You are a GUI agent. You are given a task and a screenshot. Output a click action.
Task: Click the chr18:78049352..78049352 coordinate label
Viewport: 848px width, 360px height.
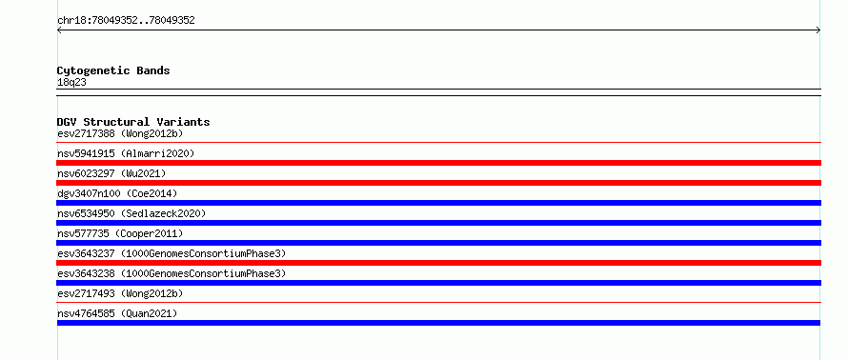126,21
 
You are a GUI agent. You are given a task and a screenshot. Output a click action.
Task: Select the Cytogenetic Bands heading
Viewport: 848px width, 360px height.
113,70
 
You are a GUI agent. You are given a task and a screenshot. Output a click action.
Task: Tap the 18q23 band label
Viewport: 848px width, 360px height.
71,83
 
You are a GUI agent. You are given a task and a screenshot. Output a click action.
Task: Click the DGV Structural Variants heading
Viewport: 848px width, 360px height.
133,122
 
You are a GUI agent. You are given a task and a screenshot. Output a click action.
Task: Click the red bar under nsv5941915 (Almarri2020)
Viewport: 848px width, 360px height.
438,163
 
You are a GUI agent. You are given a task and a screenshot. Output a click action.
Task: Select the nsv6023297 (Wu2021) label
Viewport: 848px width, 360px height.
111,173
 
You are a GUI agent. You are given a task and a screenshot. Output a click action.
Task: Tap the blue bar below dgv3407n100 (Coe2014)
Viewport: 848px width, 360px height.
438,203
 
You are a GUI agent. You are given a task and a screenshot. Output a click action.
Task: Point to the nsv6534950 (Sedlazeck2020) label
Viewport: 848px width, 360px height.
131,213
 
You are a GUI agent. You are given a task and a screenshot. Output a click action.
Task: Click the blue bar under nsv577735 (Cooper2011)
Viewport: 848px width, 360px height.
438,243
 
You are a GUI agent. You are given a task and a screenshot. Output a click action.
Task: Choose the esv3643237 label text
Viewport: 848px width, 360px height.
86,253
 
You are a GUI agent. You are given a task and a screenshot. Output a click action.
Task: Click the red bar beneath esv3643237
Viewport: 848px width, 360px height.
438,263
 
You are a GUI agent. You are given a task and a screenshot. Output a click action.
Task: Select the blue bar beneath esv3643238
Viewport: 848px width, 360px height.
438,283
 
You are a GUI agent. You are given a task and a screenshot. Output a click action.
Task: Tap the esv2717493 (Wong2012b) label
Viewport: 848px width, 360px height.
120,293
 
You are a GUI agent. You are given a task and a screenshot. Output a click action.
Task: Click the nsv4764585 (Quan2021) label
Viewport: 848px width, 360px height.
117,313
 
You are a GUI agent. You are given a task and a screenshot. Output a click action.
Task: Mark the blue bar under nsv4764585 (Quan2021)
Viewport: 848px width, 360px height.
438,323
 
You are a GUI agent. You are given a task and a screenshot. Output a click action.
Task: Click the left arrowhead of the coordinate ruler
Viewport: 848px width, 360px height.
59,30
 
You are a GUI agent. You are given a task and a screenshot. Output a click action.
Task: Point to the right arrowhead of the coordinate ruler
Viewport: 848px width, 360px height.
818,30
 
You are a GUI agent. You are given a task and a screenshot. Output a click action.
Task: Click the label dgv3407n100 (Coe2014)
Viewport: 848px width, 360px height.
117,193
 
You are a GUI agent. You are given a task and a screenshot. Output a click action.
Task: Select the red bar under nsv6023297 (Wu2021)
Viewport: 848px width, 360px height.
438,183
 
